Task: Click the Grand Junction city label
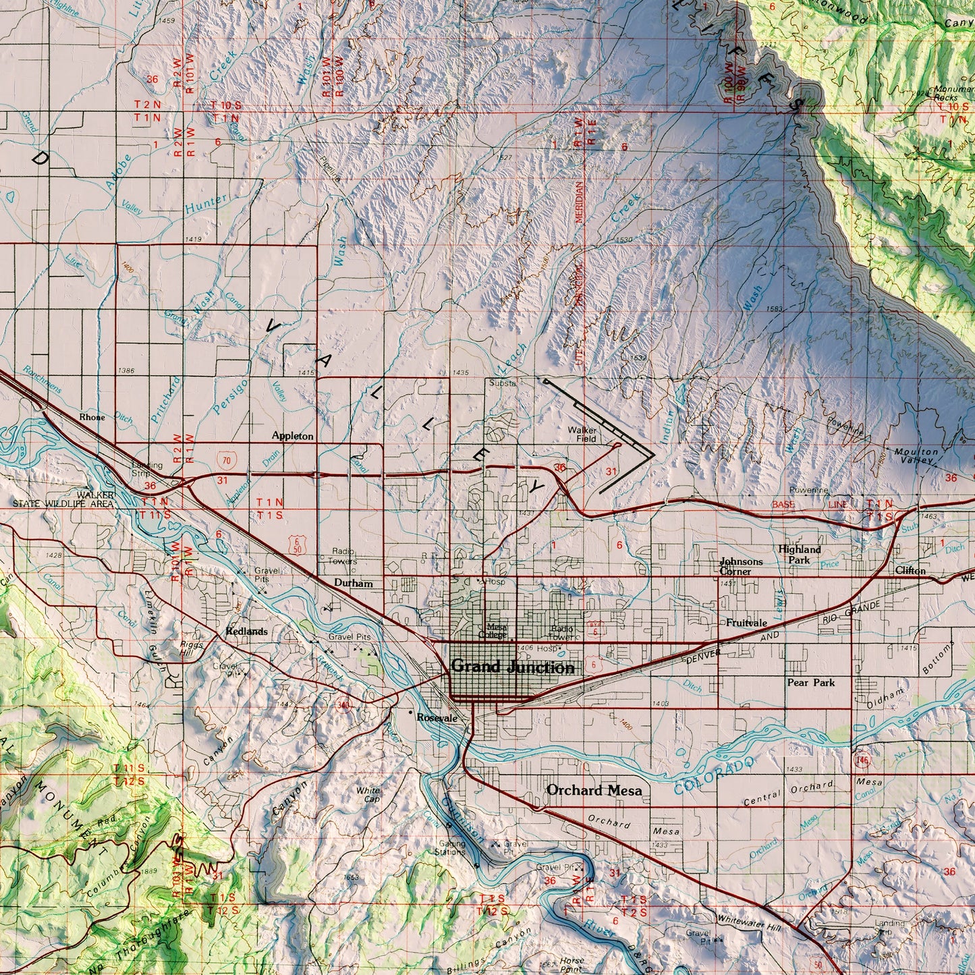coord(513,667)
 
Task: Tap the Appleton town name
coord(292,436)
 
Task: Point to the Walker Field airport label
coord(582,434)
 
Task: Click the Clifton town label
coord(910,570)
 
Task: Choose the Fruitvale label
coord(746,623)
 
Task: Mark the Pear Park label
coord(810,682)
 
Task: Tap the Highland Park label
coord(800,555)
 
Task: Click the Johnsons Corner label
coord(741,566)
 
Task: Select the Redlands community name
coord(246,632)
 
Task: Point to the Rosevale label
coord(437,718)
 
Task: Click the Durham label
coord(353,583)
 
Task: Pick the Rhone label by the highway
coord(92,417)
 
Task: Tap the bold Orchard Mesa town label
coord(594,789)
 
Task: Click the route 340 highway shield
coord(343,704)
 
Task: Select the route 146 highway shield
coord(861,760)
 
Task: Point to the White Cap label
coord(368,794)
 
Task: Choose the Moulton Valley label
coord(916,455)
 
